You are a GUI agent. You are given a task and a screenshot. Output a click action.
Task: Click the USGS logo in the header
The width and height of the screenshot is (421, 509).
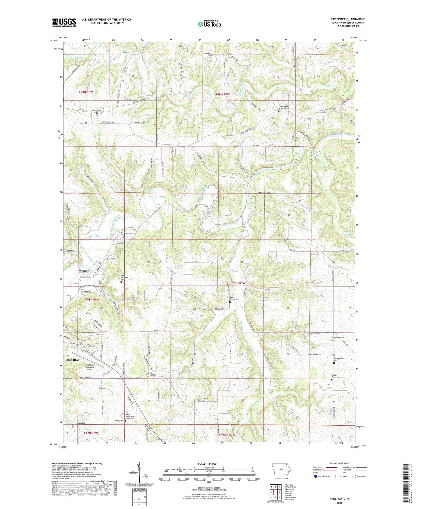(64, 22)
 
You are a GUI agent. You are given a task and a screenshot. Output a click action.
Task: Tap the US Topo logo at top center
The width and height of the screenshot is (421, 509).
(209, 24)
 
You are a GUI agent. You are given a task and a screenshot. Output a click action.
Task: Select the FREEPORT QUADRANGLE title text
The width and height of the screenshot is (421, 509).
(348, 19)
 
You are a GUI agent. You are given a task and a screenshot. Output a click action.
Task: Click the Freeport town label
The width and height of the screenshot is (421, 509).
(84, 271)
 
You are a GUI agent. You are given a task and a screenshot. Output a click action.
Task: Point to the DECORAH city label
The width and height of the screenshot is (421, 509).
(73, 360)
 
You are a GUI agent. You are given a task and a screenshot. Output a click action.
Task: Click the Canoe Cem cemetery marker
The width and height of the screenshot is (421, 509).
(97, 113)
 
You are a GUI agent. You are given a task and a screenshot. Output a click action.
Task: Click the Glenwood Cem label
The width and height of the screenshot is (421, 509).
(338, 338)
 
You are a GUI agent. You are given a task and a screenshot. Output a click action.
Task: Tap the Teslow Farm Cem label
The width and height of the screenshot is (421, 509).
(336, 376)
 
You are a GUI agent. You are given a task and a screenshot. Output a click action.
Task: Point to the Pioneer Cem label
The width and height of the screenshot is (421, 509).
(118, 421)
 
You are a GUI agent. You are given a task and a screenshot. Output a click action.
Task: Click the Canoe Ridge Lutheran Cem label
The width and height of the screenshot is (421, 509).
(284, 107)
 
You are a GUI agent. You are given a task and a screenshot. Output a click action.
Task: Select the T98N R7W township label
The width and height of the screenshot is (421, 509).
(238, 283)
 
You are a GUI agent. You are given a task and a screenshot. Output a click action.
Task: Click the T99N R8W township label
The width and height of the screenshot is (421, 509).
(86, 92)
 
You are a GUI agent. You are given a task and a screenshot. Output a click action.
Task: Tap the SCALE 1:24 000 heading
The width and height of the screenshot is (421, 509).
(209, 464)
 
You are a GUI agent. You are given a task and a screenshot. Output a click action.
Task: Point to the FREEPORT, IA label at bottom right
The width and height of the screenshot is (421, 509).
(339, 499)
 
